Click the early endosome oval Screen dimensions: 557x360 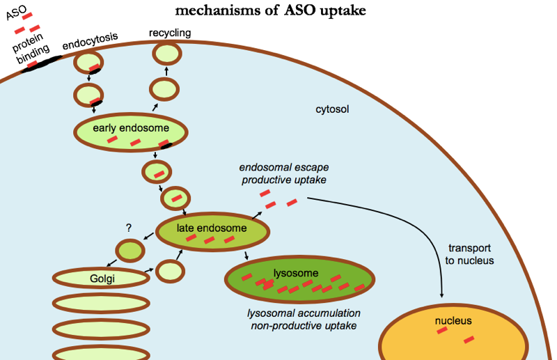coord(131,132)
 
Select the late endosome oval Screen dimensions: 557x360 coord(213,232)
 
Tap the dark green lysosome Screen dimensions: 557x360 coord(299,279)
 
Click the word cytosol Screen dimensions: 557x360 coord(332,109)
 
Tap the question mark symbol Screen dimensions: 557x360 coord(129,228)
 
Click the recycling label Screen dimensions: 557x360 coord(170,33)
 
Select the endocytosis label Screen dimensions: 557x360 coord(90,40)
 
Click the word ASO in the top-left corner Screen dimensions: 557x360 coord(16,13)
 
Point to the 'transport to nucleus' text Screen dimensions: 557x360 coord(469,254)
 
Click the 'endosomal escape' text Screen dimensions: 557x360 coord(284,167)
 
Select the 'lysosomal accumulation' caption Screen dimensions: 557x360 coord(304,313)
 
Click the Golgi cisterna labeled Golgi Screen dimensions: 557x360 coord(101,278)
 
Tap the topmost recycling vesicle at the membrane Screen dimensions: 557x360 coord(167,54)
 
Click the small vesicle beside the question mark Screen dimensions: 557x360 coord(130,251)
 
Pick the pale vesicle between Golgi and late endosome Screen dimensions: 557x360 coord(170,272)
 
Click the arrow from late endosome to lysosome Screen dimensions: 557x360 coord(246,256)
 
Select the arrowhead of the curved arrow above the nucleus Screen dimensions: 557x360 coord(441,295)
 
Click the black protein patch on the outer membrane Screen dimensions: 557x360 coord(41,64)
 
